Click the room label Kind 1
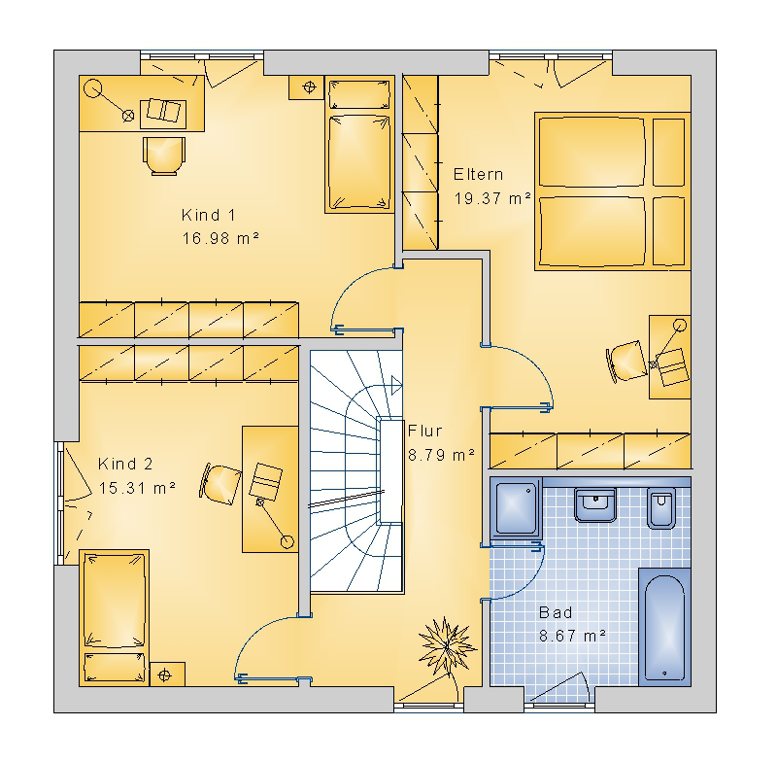pyautogui.click(x=208, y=215)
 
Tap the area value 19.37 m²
pyautogui.click(x=492, y=198)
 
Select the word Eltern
pyautogui.click(x=478, y=175)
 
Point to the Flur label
pyautogui.click(x=424, y=431)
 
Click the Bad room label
pyautogui.click(x=556, y=612)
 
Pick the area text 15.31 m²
pyautogui.click(x=137, y=488)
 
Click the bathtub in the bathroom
pyautogui.click(x=664, y=627)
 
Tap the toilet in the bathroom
pyautogui.click(x=661, y=508)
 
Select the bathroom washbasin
pyautogui.click(x=595, y=505)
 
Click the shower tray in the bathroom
pyautogui.click(x=516, y=507)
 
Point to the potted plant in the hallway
pyautogui.click(x=447, y=646)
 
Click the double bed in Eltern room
pyautogui.click(x=613, y=191)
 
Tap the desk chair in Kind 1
pyautogui.click(x=164, y=156)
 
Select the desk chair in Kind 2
pyautogui.click(x=220, y=484)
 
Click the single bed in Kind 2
pyautogui.click(x=115, y=618)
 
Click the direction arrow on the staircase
pyautogui.click(x=396, y=385)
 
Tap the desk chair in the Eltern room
pyautogui.click(x=626, y=361)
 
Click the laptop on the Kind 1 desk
pyautogui.click(x=163, y=111)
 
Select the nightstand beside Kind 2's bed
pyautogui.click(x=167, y=675)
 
